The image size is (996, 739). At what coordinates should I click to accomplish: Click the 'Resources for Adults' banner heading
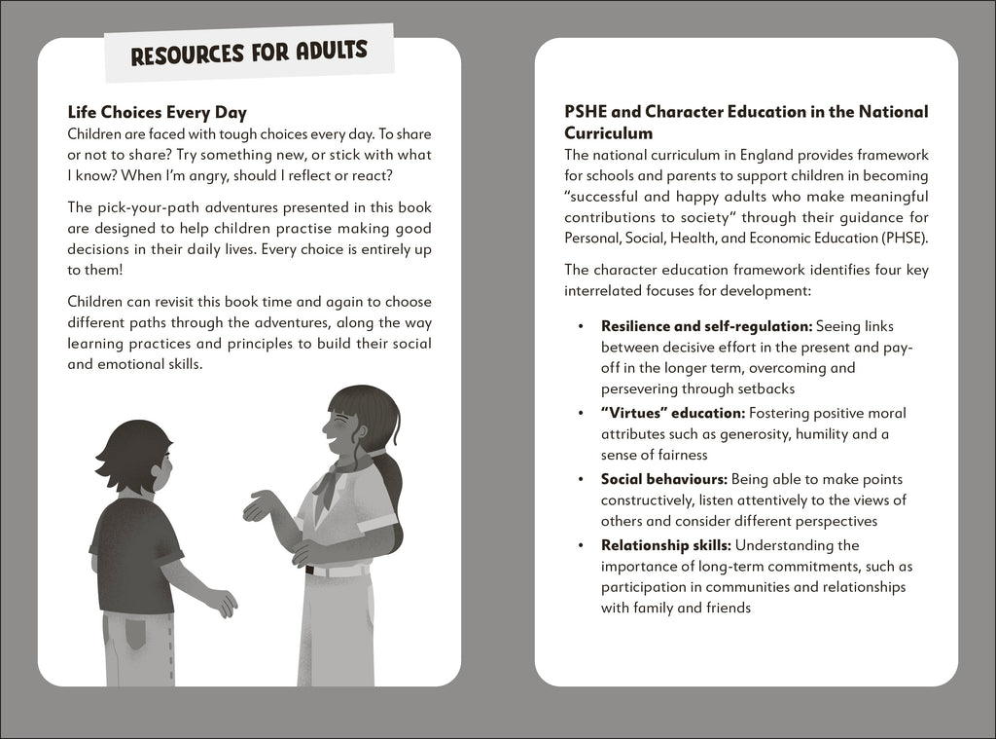(249, 52)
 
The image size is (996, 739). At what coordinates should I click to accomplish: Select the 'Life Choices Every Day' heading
(157, 113)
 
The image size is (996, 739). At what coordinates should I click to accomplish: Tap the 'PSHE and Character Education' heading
(746, 123)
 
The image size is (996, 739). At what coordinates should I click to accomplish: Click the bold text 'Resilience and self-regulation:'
(706, 326)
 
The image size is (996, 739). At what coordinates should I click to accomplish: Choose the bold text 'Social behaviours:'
(663, 479)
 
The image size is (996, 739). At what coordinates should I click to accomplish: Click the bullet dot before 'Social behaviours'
(581, 479)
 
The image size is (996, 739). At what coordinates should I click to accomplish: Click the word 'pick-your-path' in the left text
(142, 208)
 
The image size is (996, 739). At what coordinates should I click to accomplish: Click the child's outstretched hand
(223, 603)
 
